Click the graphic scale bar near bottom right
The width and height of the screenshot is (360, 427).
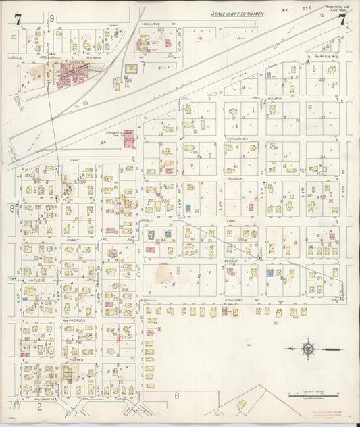311,393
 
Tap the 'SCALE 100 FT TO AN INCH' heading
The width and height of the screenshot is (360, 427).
237,13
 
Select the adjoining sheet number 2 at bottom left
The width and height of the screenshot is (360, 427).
40,407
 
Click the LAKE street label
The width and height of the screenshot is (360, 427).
74,161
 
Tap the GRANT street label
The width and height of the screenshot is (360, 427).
73,240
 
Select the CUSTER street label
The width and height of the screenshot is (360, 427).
76,361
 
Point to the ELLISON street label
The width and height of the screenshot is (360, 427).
236,178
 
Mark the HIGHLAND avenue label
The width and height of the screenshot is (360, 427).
151,24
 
